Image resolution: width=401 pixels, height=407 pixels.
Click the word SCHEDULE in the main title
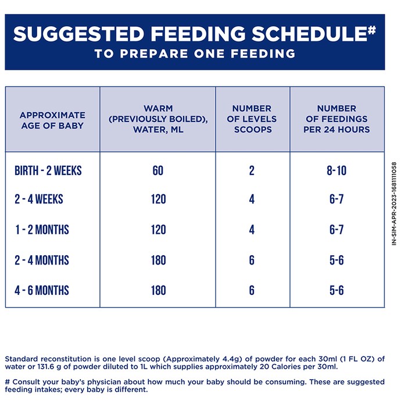pyautogui.click(x=309, y=34)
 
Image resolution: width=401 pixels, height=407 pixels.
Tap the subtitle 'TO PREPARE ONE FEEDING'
pyautogui.click(x=195, y=53)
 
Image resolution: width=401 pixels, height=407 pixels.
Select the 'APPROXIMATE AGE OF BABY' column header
pyautogui.click(x=52, y=120)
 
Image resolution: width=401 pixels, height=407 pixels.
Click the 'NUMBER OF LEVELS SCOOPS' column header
pyautogui.click(x=252, y=119)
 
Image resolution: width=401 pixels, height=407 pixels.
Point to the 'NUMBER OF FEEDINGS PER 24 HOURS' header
pyautogui.click(x=336, y=119)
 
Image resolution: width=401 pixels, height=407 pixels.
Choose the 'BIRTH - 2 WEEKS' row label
pyautogui.click(x=48, y=170)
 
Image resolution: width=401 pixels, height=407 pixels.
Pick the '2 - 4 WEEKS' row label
pyautogui.click(x=39, y=199)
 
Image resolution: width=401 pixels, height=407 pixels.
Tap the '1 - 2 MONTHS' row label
pyautogui.click(x=42, y=230)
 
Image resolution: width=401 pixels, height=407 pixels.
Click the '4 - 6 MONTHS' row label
pyautogui.click(x=42, y=290)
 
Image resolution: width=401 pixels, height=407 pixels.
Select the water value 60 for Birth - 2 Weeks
pyautogui.click(x=158, y=170)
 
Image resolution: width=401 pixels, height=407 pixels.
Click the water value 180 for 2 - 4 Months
pyautogui.click(x=159, y=260)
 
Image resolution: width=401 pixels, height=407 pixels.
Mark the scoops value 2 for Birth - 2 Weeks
pyautogui.click(x=252, y=170)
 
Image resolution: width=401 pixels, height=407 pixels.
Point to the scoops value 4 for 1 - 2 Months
pyautogui.click(x=252, y=230)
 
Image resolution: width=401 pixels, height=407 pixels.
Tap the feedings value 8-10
pyautogui.click(x=336, y=170)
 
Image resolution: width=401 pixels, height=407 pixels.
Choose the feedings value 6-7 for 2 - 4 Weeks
pyautogui.click(x=336, y=199)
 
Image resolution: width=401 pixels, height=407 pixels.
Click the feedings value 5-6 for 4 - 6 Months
pyautogui.click(x=336, y=290)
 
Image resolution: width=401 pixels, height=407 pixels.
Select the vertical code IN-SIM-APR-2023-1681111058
pyautogui.click(x=394, y=203)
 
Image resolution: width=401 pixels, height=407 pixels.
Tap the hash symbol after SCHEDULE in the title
pyautogui.click(x=372, y=30)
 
